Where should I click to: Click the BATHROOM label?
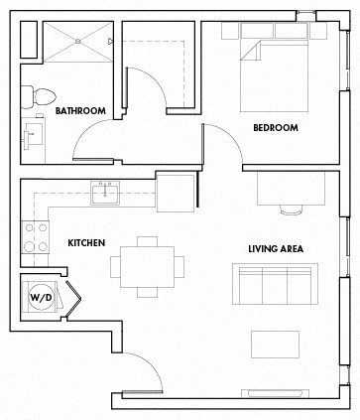click(x=80, y=110)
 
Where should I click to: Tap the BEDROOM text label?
click(x=276, y=128)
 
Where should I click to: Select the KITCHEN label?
click(x=87, y=242)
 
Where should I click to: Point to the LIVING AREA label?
click(x=276, y=248)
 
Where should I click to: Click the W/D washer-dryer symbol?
click(x=41, y=297)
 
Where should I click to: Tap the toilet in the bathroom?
click(x=41, y=96)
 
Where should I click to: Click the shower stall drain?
click(x=77, y=42)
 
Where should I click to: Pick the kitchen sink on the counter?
click(x=104, y=192)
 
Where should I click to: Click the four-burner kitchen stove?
click(x=36, y=237)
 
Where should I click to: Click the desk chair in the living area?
click(x=292, y=209)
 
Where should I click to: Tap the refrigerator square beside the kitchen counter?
click(x=177, y=189)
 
